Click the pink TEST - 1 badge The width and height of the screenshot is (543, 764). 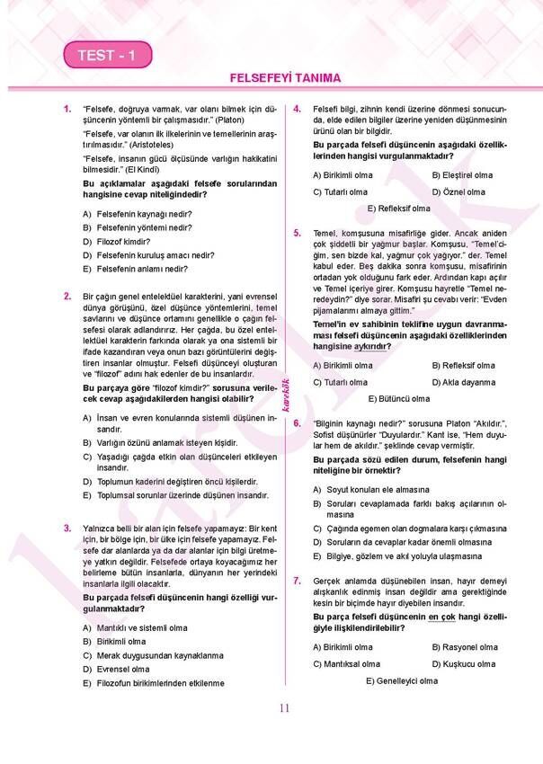pyautogui.click(x=107, y=56)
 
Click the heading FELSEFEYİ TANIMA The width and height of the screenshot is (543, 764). pyautogui.click(x=285, y=78)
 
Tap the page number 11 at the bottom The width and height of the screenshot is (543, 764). pyautogui.click(x=285, y=707)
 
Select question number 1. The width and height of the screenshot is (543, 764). pyautogui.click(x=67, y=109)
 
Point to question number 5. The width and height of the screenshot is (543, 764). pyautogui.click(x=297, y=233)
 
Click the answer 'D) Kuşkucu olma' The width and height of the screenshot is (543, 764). pyautogui.click(x=463, y=664)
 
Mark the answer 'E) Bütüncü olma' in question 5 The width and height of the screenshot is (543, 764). pyautogui.click(x=398, y=398)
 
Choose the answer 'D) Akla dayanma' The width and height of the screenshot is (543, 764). pyautogui.click(x=463, y=382)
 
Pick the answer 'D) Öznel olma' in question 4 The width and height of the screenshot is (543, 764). pyautogui.click(x=458, y=191)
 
